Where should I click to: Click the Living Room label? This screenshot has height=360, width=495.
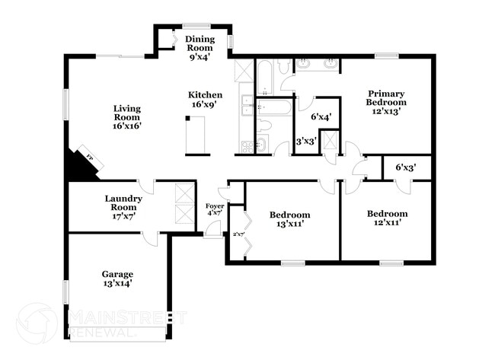pos(127,116)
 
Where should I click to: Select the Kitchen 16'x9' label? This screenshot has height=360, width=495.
pos(206,100)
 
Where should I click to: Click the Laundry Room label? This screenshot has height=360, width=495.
pos(122,202)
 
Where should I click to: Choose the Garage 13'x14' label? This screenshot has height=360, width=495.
pos(117,279)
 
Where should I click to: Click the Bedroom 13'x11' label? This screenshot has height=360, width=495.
pos(290,219)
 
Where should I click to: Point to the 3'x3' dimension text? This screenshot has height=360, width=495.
pos(307,141)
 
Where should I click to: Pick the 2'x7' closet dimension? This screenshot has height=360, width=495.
pos(238,234)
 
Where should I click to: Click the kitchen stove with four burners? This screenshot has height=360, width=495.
pos(247,145)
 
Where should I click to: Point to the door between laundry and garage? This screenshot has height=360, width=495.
pos(152,237)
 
